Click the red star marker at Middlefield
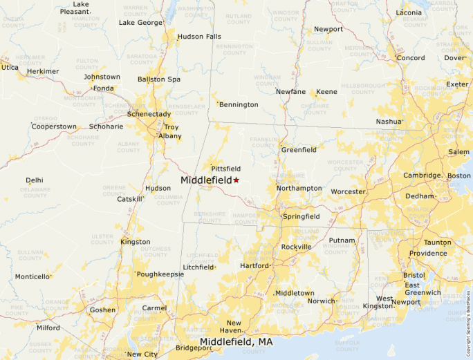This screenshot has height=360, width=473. pyautogui.click(x=236, y=180)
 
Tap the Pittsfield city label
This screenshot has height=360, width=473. pyautogui.click(x=225, y=168)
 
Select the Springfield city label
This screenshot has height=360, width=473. pyautogui.click(x=301, y=216)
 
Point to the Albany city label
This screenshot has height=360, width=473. pyautogui.click(x=169, y=136)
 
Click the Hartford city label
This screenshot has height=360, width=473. pyautogui.click(x=254, y=265)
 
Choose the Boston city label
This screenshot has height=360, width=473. pyautogui.click(x=458, y=176)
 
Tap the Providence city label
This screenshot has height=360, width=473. pyautogui.click(x=427, y=253)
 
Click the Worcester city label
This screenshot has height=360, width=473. pyautogui.click(x=348, y=191)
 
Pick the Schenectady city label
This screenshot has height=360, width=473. pyautogui.click(x=149, y=114)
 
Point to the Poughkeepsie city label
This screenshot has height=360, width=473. pyautogui.click(x=161, y=274)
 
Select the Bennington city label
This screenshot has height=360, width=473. pyautogui.click(x=239, y=104)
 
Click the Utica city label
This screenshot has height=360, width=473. pyautogui.click(x=10, y=67)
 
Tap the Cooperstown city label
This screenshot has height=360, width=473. pyautogui.click(x=54, y=126)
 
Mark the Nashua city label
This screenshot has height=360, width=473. pyautogui.click(x=389, y=121)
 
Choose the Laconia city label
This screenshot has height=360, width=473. pyautogui.click(x=409, y=12)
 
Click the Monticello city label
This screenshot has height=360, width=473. pyautogui.click(x=33, y=276)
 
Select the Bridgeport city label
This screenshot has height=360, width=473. pyautogui.click(x=193, y=348)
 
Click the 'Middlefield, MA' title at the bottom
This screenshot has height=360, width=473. pyautogui.click(x=236, y=342)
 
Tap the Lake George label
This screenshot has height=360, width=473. pyautogui.click(x=140, y=22)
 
